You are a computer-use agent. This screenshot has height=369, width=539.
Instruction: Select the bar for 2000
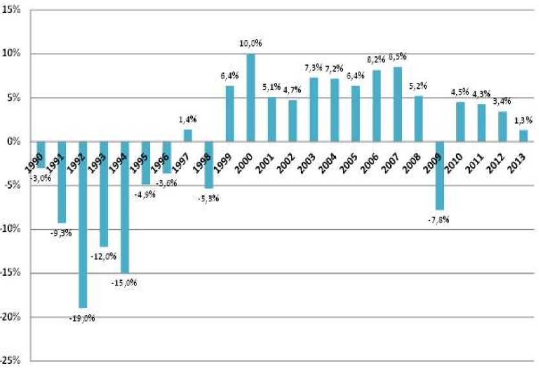point(250,97)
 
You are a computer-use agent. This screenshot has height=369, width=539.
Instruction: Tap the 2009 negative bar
point(439,175)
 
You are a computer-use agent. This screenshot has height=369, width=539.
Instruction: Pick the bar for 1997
point(188,135)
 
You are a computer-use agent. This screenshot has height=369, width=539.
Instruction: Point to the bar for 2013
point(523,136)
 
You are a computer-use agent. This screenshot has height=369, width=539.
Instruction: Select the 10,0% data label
point(250,44)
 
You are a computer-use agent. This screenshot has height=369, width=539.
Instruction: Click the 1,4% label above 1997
point(188,120)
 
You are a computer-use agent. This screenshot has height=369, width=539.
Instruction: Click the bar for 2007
point(397,104)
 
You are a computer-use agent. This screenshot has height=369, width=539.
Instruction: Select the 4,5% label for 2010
point(460,92)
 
